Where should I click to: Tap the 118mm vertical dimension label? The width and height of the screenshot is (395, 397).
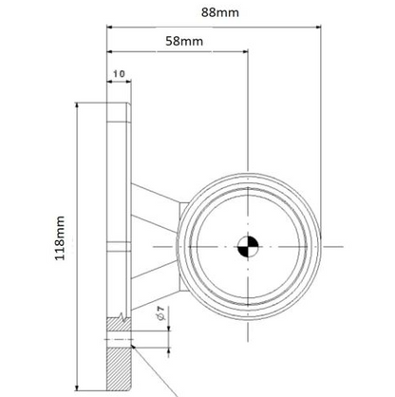point(61,237)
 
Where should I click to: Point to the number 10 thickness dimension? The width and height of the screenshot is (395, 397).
point(119,72)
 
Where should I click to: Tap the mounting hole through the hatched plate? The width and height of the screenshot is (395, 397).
point(121,341)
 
